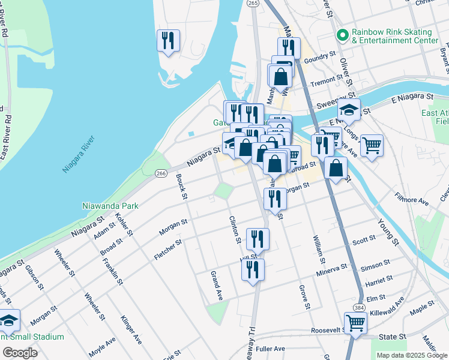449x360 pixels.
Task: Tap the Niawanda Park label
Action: point(110,206)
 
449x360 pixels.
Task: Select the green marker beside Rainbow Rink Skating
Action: point(343,35)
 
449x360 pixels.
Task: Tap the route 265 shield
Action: point(253,4)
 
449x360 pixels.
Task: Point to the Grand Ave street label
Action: point(216,286)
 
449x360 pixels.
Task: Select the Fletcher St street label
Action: point(169,247)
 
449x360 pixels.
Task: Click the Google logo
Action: point(20,353)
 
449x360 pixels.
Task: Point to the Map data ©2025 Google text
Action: point(411,355)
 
